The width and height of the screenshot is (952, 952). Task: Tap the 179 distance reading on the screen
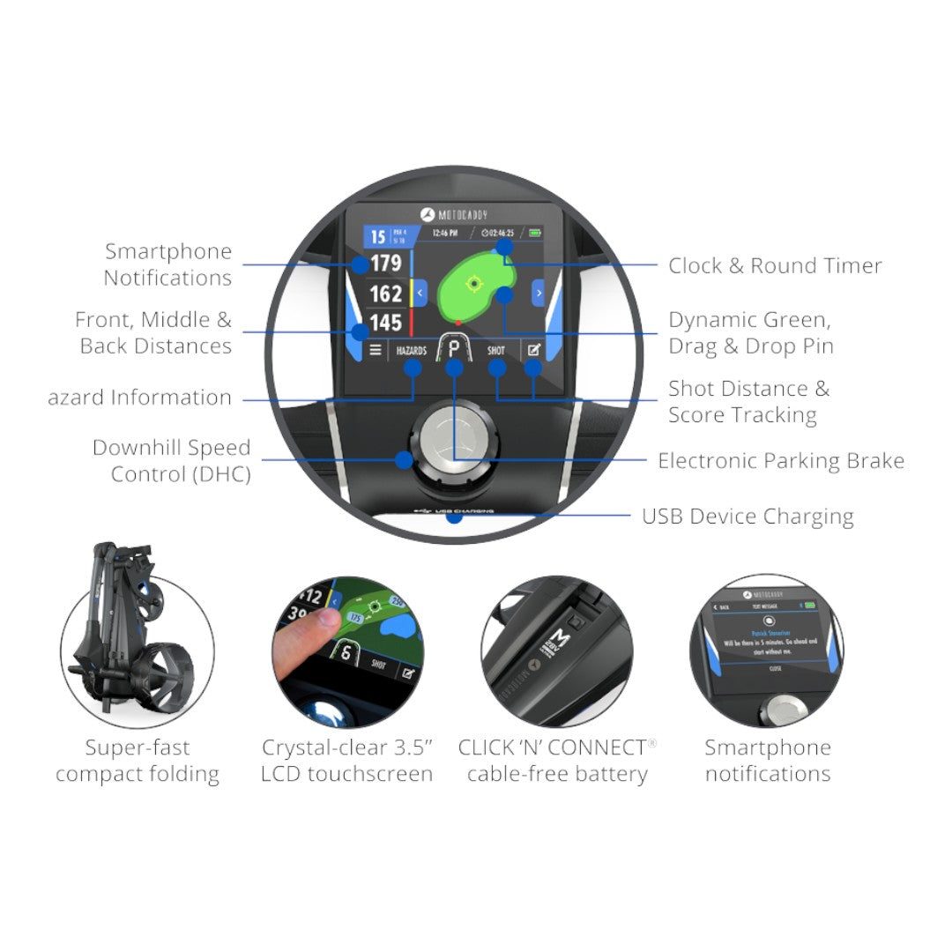385,263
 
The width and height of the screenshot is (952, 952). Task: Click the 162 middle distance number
385,293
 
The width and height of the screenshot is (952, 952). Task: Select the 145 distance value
385,323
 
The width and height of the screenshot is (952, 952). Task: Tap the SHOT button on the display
496,350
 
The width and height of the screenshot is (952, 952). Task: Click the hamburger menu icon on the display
376,350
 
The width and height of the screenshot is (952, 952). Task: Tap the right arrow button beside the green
539,293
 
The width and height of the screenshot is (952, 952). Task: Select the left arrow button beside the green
420,293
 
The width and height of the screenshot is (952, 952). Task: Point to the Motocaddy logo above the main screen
454,215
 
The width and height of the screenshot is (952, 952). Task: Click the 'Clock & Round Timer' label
774,266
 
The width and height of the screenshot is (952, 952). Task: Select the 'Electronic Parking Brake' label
780,461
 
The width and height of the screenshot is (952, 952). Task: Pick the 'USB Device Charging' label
747,517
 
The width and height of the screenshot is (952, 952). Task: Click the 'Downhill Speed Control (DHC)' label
171,461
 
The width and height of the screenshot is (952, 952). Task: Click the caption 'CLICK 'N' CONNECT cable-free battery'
556,761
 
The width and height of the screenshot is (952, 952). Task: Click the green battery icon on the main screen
534,234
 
